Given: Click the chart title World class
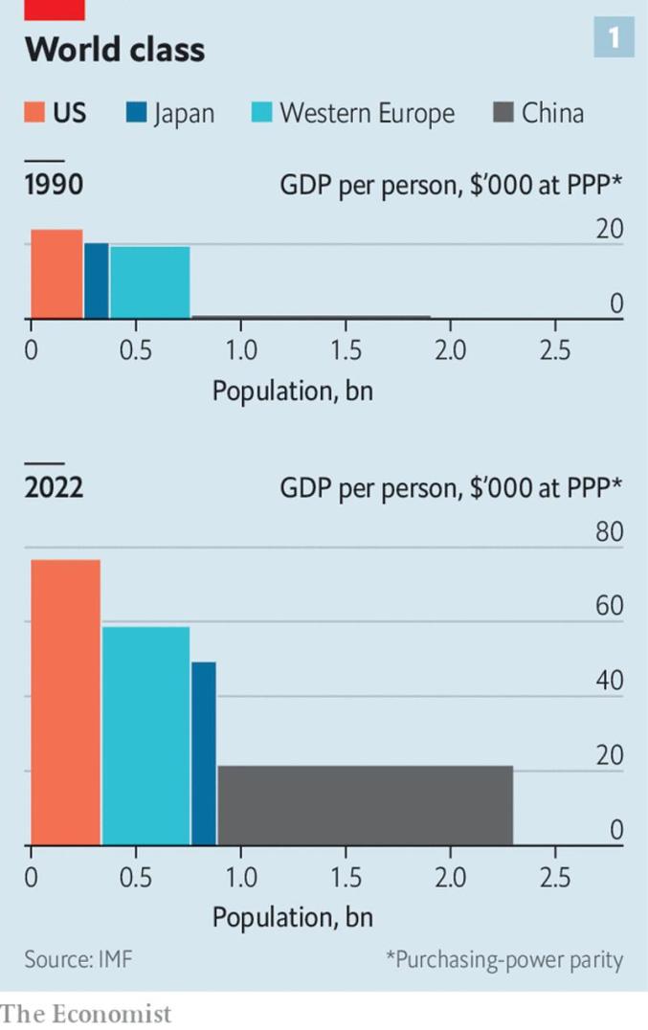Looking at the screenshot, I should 115,49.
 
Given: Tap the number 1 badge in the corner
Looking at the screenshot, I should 614,38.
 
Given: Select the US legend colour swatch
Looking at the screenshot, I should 34,114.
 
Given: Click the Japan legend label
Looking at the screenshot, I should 182,114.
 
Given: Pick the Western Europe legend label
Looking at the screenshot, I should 367,114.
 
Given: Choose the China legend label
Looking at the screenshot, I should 552,114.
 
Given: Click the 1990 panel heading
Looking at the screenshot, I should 55,185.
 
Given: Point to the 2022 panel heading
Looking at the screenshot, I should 55,488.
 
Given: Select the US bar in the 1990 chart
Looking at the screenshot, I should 56,274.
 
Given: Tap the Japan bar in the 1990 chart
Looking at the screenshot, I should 96,280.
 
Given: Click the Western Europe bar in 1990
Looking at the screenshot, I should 149,282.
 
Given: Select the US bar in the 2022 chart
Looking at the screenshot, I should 65,702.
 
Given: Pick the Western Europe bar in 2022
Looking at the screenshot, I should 145,735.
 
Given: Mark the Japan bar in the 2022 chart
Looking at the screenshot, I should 203,753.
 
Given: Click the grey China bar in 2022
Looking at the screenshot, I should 365,805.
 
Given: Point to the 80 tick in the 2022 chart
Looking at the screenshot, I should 609,532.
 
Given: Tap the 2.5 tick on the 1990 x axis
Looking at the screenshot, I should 554,350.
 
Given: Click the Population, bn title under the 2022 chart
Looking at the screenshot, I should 292,917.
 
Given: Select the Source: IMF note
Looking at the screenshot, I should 78,959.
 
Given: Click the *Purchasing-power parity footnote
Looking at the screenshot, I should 503,959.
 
